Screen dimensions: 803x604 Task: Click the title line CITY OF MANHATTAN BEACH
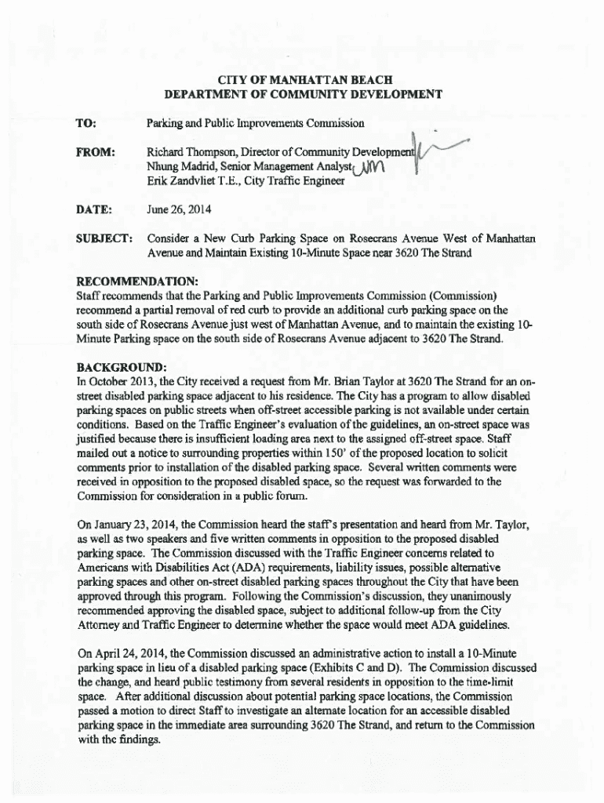303,80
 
